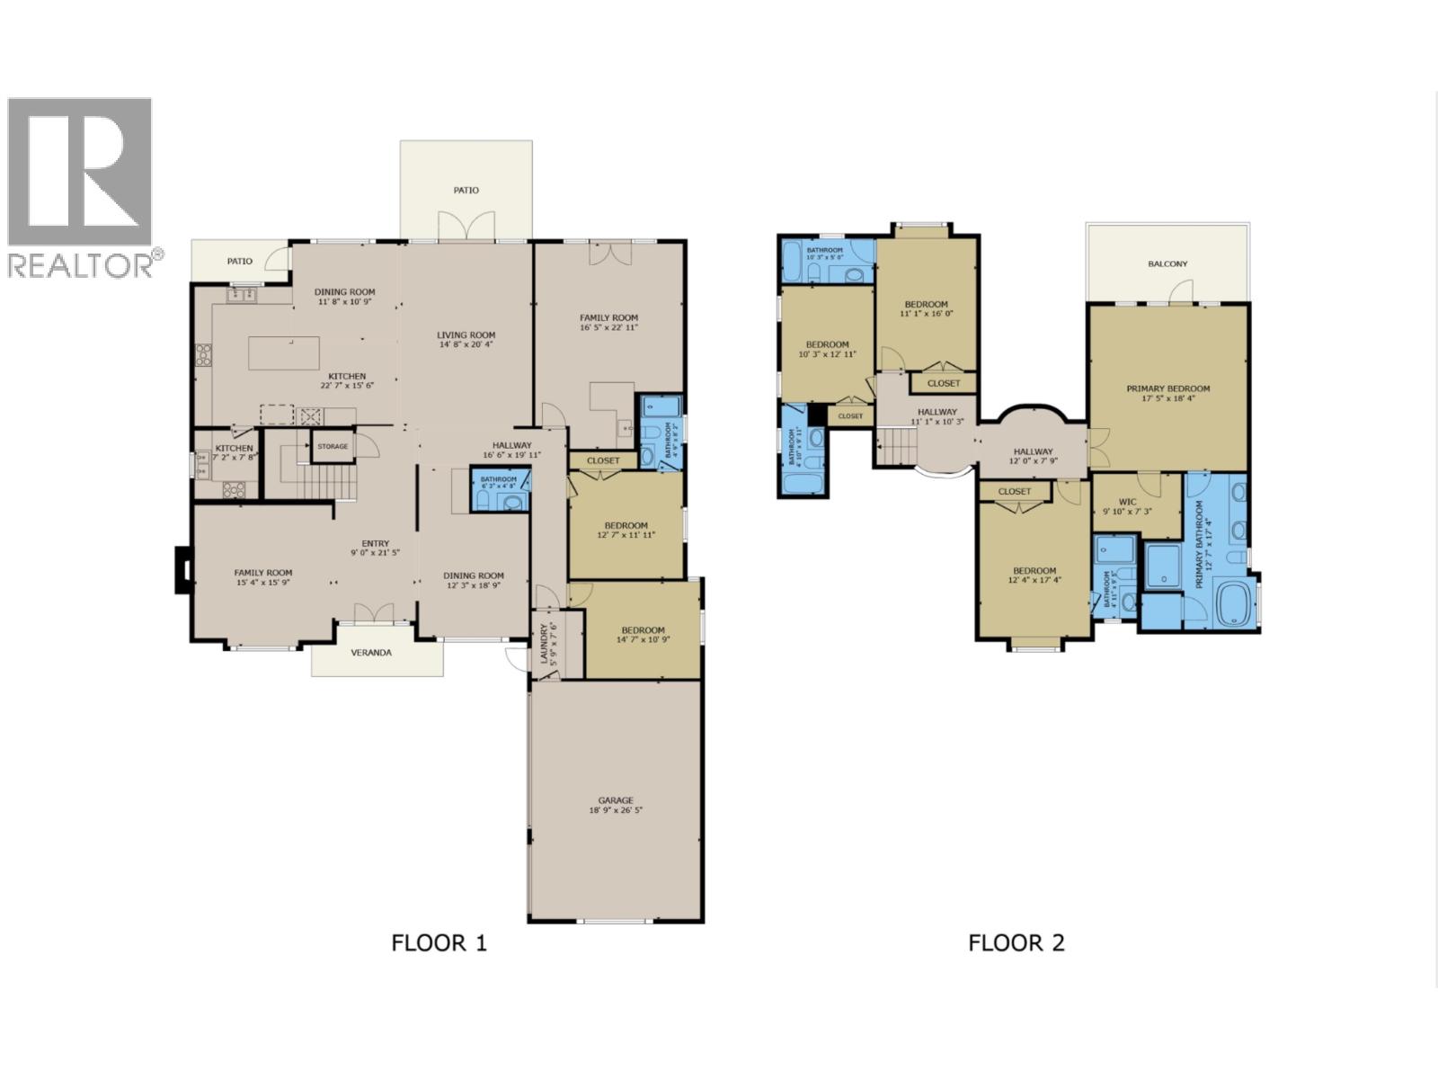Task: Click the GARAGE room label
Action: (x=616, y=799)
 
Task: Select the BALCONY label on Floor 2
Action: (x=1167, y=263)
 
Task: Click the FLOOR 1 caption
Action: (x=439, y=943)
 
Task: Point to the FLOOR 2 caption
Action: (x=1016, y=943)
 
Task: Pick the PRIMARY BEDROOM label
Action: (x=1167, y=388)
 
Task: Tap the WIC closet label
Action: (x=1127, y=501)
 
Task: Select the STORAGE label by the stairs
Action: (x=332, y=446)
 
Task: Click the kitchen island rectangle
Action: (x=283, y=352)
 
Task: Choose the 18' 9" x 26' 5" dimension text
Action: (x=616, y=811)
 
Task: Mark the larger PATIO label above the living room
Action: (x=466, y=190)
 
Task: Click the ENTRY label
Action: (x=375, y=542)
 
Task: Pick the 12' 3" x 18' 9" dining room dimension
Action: (x=473, y=586)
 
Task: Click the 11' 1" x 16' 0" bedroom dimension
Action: (x=926, y=315)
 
